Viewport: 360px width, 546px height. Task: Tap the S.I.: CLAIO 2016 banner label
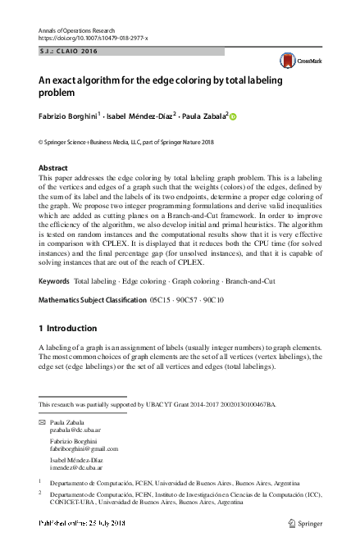coord(67,51)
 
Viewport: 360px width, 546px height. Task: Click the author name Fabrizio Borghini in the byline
coord(68,116)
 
